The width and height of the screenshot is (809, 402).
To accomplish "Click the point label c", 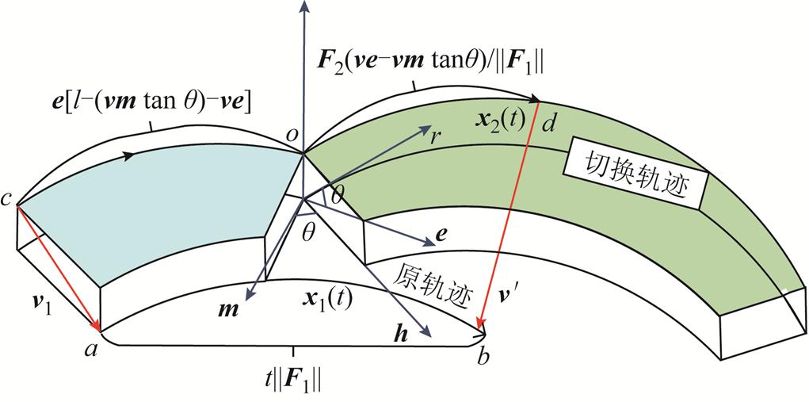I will tap(6, 200).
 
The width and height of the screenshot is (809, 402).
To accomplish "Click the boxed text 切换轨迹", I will tap(634, 177).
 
